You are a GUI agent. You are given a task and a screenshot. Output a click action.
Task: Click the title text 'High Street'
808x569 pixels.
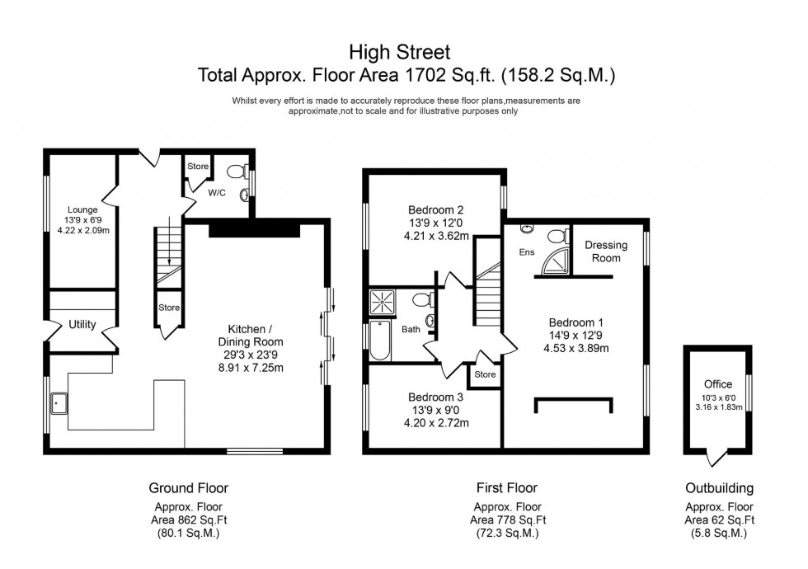tap(403, 53)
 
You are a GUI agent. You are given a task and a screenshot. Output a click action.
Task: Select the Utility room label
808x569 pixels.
tap(83, 325)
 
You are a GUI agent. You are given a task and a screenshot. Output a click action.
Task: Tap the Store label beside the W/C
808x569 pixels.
tap(198, 167)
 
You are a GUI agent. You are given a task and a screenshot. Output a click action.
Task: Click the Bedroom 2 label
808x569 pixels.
tap(433, 209)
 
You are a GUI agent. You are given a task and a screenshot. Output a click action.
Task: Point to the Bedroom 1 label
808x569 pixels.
tap(569, 322)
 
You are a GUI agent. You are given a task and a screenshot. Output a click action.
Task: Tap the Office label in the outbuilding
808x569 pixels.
tap(718, 385)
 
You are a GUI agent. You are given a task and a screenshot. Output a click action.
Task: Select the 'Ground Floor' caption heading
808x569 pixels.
tap(189, 488)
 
